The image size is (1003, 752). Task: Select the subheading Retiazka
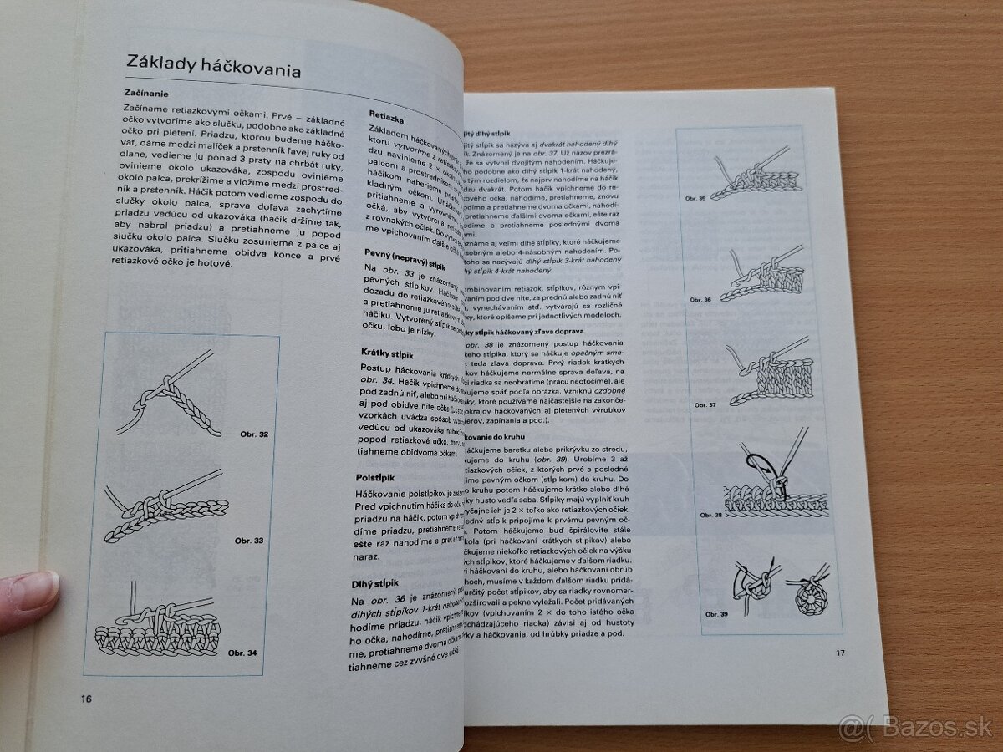388,119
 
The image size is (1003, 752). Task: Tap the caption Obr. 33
249,541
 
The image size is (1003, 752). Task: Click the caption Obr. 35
696,198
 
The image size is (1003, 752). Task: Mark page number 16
87,699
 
